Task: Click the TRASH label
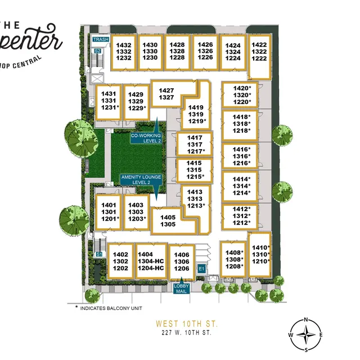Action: tap(101, 39)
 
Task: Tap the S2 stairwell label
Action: tap(97, 51)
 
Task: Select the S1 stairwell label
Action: tap(99, 254)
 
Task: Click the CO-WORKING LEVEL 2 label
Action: tap(146, 138)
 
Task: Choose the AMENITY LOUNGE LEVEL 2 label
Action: tap(141, 180)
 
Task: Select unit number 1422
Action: tap(259, 44)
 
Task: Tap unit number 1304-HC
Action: tap(150, 261)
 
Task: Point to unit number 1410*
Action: tap(261, 247)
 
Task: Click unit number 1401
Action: tap(109, 205)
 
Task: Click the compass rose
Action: tap(306, 336)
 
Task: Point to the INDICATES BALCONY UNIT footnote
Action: tap(107, 308)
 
